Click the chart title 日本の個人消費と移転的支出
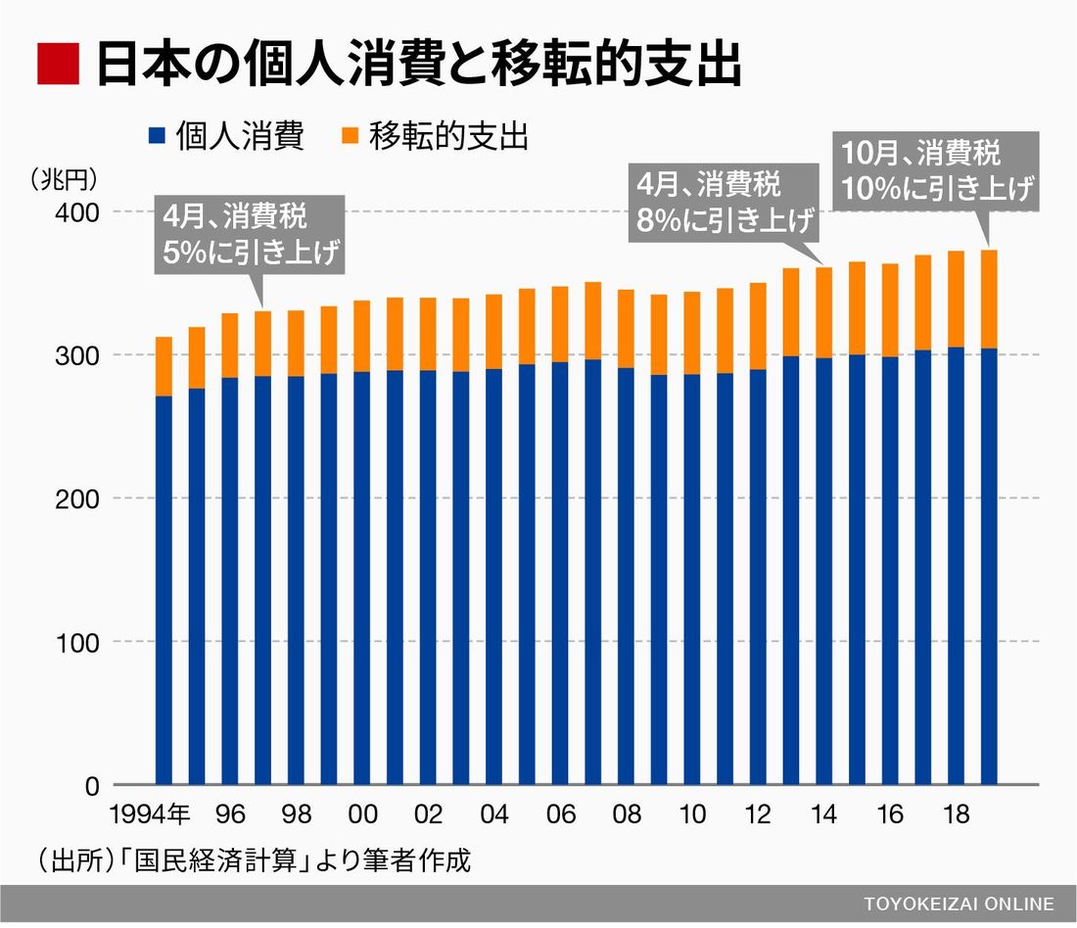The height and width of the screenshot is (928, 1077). coord(417,65)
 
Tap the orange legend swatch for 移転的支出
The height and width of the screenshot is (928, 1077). coord(351,135)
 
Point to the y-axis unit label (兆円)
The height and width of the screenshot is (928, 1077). coord(62,178)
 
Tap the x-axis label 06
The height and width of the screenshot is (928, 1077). coord(560,815)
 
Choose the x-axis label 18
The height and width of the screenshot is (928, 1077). coord(957,815)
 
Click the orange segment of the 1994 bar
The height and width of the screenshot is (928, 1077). coord(164,366)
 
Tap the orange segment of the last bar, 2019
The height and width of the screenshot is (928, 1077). coord(989,299)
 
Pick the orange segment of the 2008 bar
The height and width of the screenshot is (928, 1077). coord(626,329)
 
